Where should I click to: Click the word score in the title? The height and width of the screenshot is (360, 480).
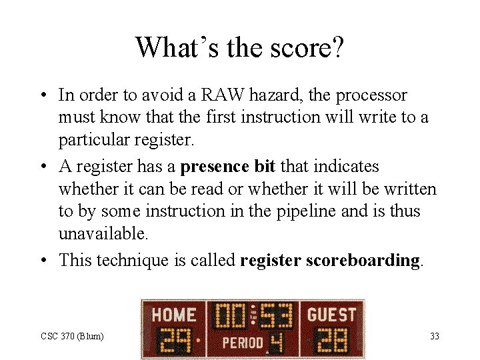click(x=295, y=47)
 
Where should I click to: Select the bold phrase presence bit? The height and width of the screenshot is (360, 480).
click(x=227, y=166)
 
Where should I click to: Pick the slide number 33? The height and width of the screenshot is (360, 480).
click(x=434, y=336)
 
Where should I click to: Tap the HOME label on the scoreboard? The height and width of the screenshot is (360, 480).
click(x=173, y=314)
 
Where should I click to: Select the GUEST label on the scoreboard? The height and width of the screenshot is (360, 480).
click(x=331, y=313)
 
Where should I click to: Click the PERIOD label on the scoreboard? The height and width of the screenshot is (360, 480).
click(x=243, y=343)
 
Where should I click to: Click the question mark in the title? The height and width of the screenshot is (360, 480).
click(x=336, y=47)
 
